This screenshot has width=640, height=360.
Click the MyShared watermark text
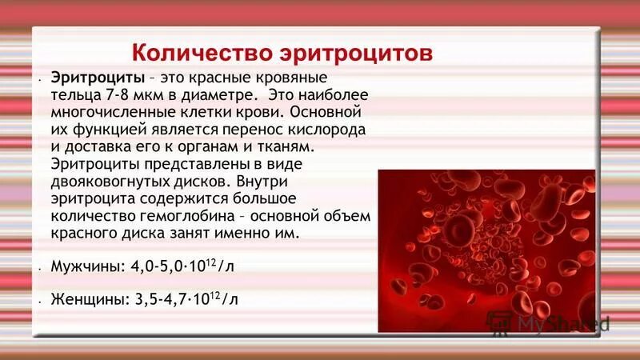[563, 324]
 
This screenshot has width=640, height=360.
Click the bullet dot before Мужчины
[38, 269]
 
